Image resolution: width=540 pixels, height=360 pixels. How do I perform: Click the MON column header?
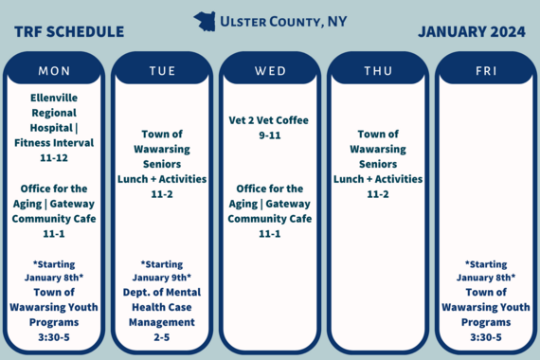coord(54,71)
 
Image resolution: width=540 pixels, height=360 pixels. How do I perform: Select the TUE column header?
coord(162,71)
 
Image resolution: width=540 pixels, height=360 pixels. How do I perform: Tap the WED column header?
coord(270,71)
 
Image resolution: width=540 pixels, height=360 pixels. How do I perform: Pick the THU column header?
coord(378,71)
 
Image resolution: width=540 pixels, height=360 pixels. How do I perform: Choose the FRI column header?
coord(486,71)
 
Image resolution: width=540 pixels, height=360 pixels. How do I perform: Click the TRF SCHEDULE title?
coord(69,32)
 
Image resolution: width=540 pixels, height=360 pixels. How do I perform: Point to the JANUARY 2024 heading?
coord(471,31)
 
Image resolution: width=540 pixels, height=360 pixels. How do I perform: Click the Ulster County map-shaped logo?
coord(204,21)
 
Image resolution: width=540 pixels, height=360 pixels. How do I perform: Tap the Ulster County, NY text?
coord(282,21)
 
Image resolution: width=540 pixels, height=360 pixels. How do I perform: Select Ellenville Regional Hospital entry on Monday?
coord(54,119)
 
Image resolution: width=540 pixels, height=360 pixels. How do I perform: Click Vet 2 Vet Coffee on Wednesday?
coord(269,120)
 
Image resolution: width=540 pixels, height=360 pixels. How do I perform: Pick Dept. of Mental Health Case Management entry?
coord(162,306)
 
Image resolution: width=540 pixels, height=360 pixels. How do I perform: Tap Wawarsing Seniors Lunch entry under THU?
coord(378,164)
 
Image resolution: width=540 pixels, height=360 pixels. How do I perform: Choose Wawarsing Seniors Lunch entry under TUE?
coord(162,164)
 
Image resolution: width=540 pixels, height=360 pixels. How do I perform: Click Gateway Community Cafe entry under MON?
coord(54,211)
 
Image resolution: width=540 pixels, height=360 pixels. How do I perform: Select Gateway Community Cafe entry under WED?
coord(270,211)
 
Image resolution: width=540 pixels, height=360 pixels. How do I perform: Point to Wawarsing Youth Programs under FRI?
coord(486,306)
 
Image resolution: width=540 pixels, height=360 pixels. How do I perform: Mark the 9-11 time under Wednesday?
coord(269,135)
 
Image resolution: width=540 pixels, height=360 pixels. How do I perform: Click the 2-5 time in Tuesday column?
coord(162,336)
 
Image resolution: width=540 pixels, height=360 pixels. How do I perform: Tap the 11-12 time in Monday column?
coord(54,158)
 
